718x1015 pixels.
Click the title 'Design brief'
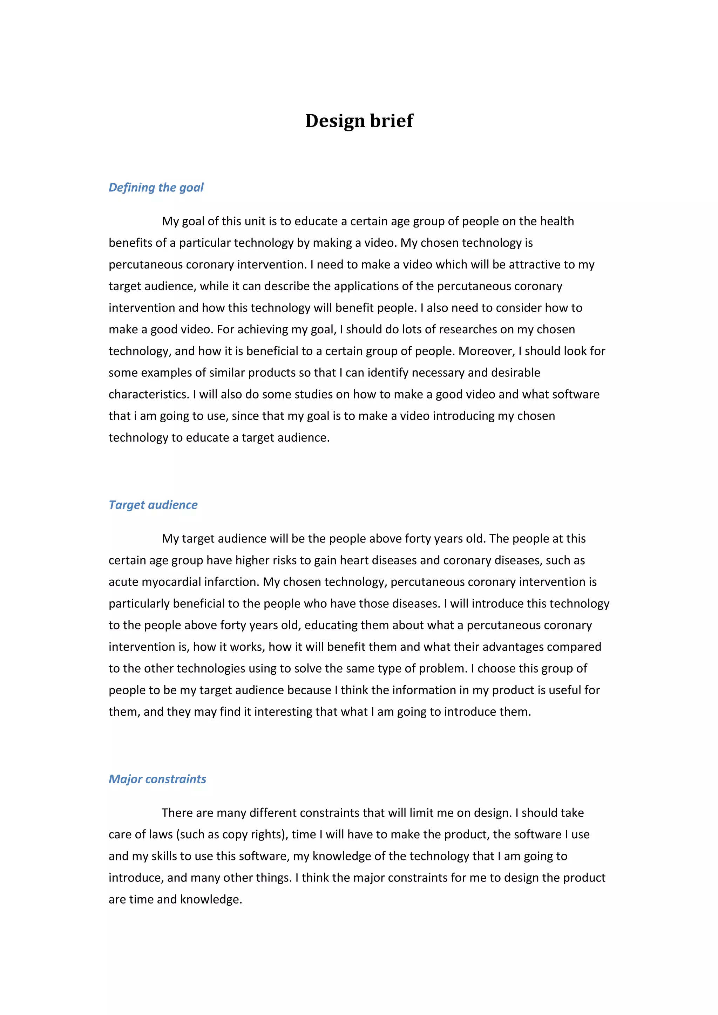point(359,121)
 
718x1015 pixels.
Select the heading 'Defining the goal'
point(156,188)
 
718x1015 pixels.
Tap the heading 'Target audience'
point(153,505)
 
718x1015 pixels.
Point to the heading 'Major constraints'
point(157,779)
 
